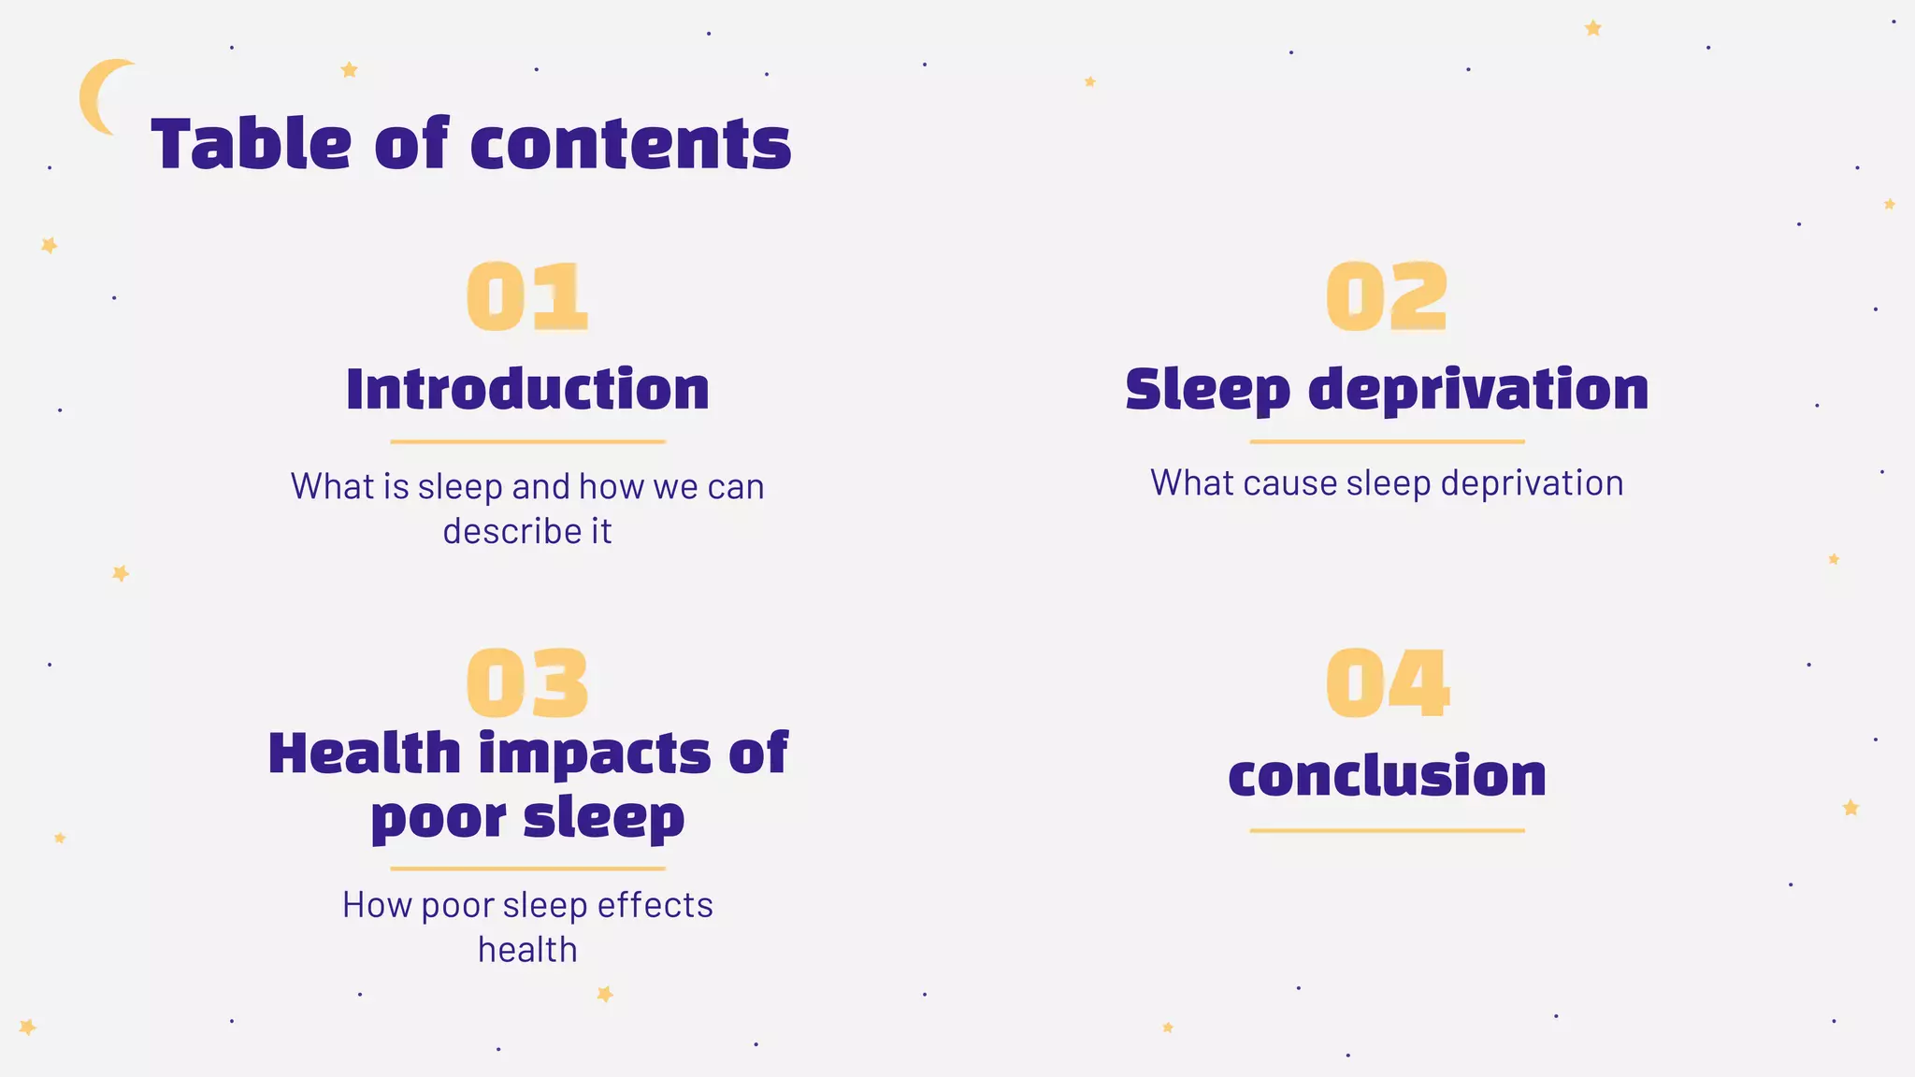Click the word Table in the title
[251, 145]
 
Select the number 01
[527, 297]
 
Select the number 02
[1387, 297]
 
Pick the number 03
[527, 683]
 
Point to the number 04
[1387, 683]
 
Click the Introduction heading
[527, 389]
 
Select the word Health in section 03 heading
[365, 754]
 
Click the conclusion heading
[1387, 776]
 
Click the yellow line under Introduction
[527, 441]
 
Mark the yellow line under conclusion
[1387, 830]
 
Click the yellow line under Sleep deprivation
[1387, 441]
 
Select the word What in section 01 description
[331, 486]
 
